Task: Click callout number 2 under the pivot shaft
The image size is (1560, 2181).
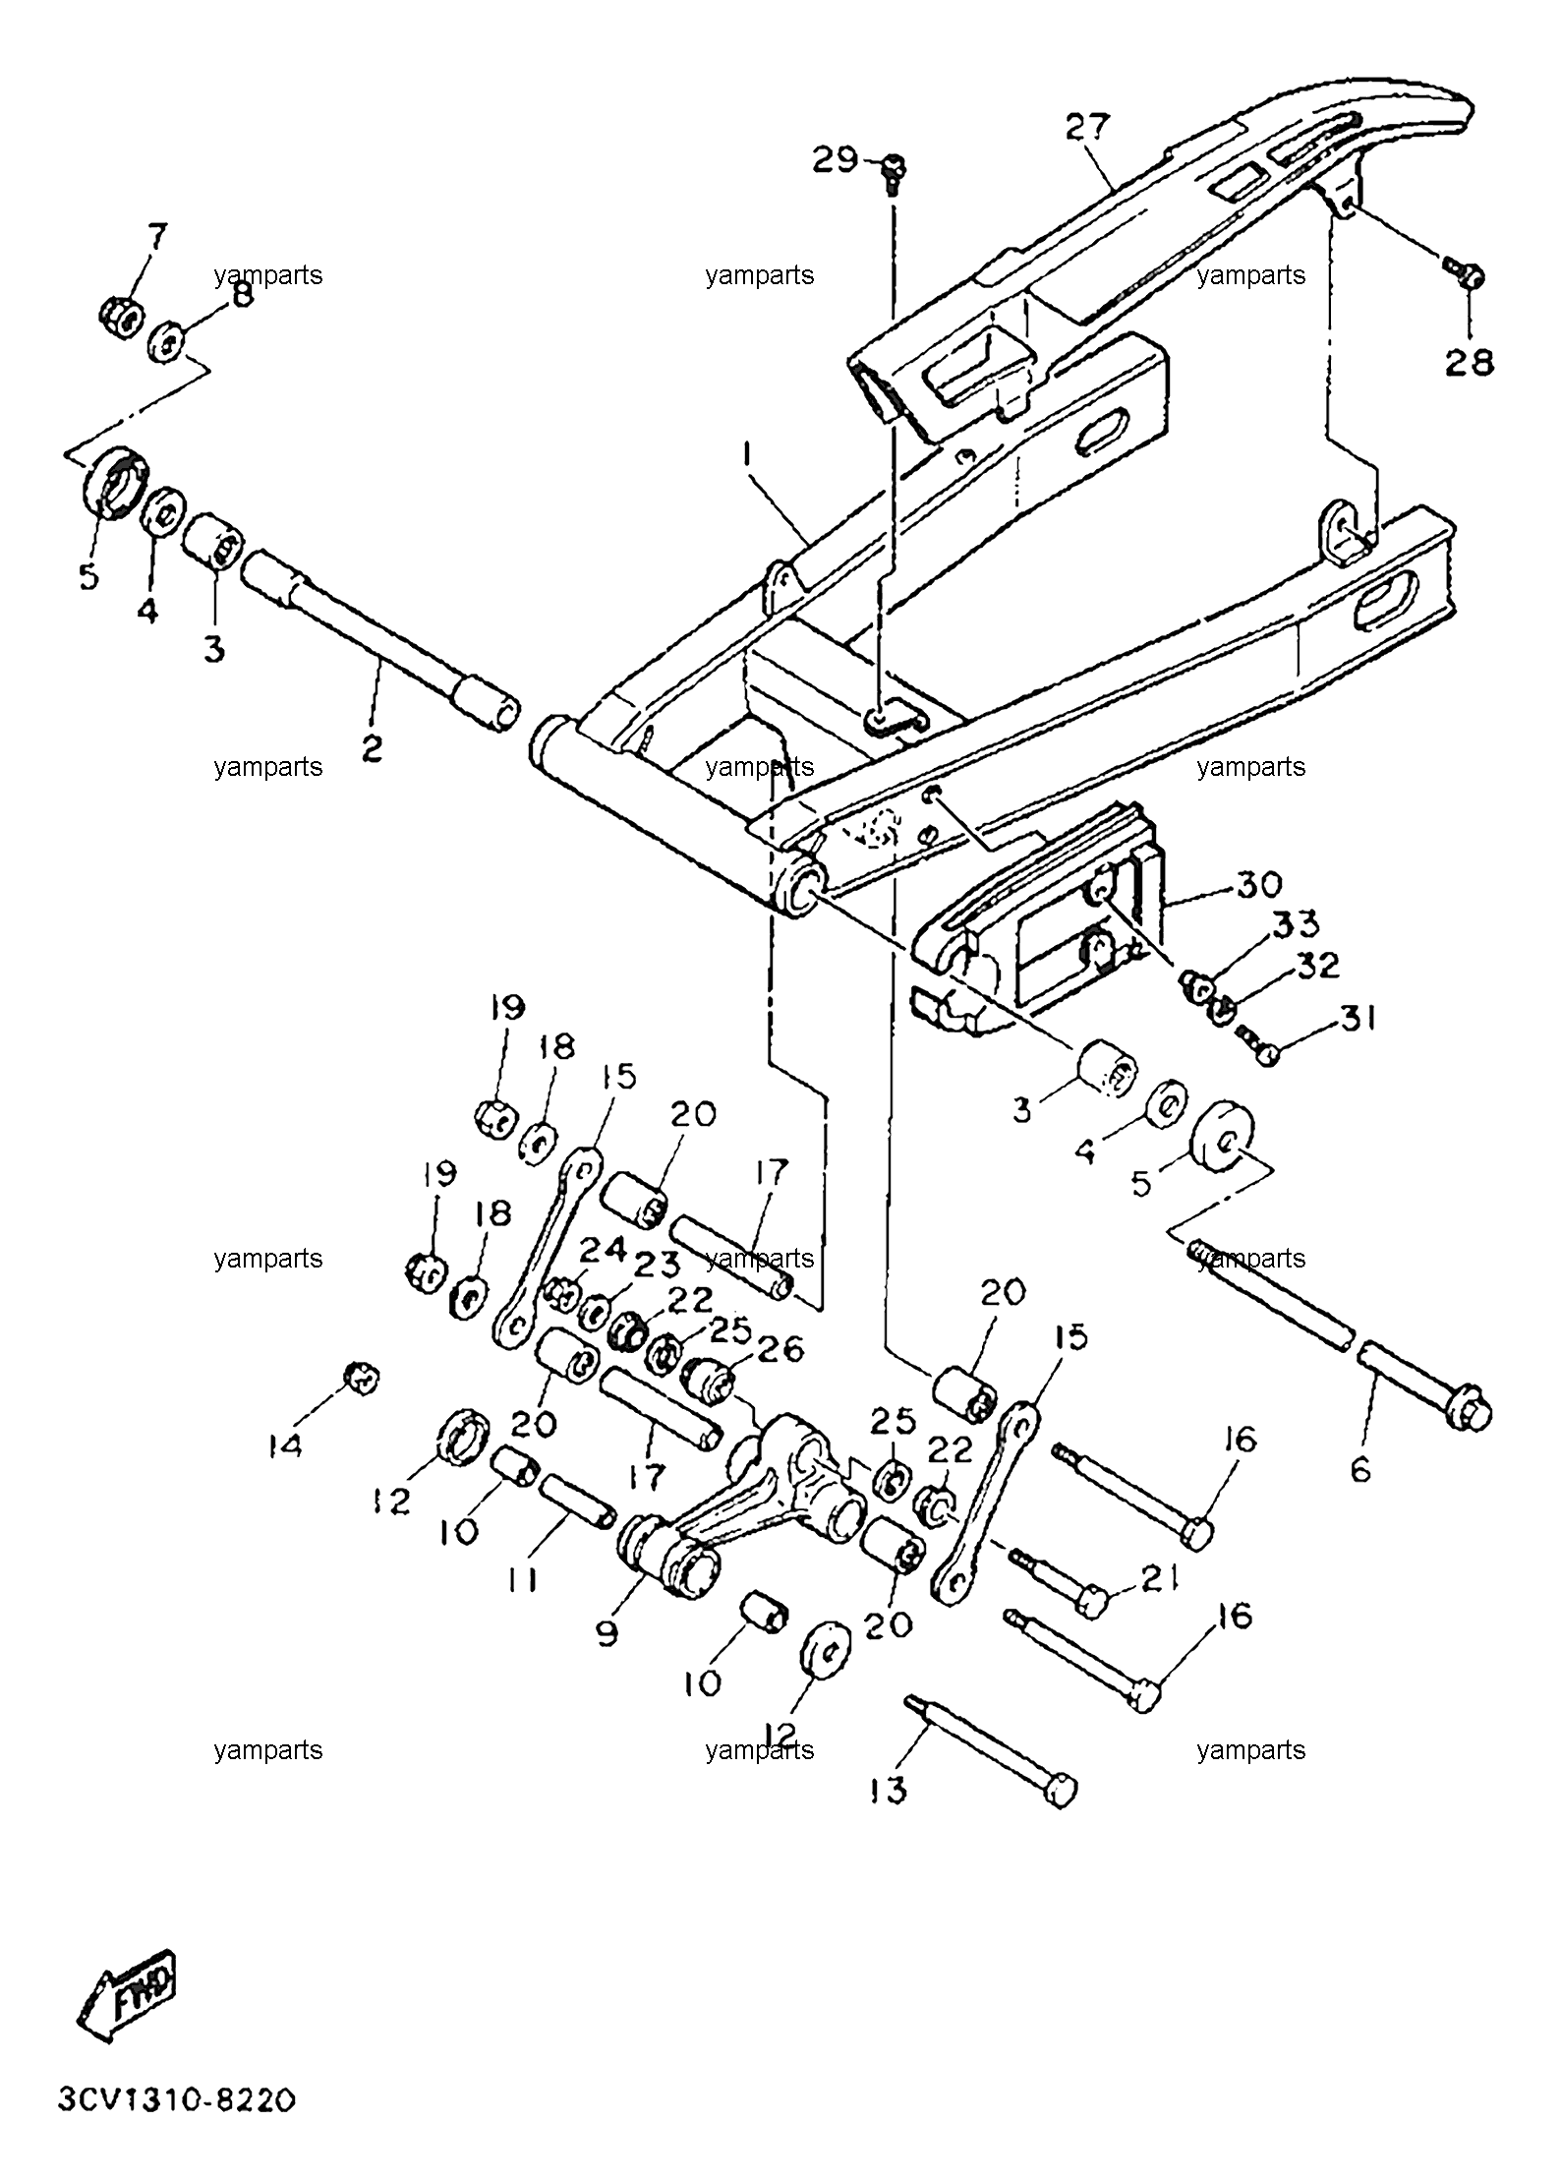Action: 372,748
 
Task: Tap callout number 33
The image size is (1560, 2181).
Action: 1297,924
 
